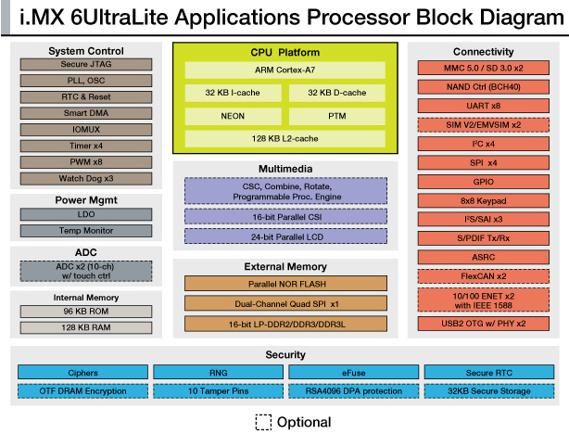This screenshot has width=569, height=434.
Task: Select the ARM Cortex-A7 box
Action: coord(284,70)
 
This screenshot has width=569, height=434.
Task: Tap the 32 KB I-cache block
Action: coord(233,93)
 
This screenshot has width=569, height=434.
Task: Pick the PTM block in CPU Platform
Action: coord(336,116)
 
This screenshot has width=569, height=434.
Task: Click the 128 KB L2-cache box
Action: coord(284,139)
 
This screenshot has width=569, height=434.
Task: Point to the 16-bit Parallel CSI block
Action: coord(284,215)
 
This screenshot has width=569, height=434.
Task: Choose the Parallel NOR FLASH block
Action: coord(284,283)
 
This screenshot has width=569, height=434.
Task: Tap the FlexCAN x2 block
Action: coord(483,275)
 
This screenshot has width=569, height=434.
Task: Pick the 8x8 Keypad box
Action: coord(483,199)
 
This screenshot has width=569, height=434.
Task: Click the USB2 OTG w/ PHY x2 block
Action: coord(483,324)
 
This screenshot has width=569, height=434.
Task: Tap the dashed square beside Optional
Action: coord(262,421)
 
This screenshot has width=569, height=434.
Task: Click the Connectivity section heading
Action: coord(483,52)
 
